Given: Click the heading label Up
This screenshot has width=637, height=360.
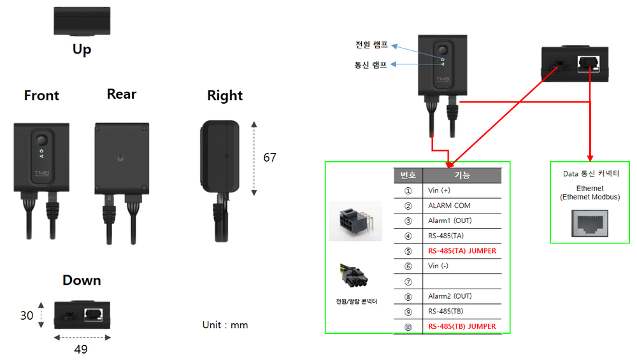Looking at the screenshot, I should [x=82, y=49].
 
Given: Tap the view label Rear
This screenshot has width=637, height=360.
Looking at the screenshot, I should [x=122, y=94].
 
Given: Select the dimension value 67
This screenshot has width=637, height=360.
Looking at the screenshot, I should [x=270, y=157].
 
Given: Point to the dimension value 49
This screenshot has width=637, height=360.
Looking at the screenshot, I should [x=81, y=349].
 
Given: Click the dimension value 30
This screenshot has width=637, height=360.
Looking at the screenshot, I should [x=26, y=315].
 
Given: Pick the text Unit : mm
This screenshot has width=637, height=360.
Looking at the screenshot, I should [x=225, y=325].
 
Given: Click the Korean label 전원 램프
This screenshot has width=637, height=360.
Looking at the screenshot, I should [x=371, y=45].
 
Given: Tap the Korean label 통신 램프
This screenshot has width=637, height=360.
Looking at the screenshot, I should [x=371, y=64].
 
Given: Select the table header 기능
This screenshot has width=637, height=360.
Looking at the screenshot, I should [x=462, y=175].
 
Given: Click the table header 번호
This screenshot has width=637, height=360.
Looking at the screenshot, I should [x=408, y=175].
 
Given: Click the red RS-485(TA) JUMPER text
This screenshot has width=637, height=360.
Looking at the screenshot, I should [x=462, y=251].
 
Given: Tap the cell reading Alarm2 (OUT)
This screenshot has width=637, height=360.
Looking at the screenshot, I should [x=450, y=296].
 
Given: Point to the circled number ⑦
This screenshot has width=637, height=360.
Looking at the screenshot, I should [x=408, y=281].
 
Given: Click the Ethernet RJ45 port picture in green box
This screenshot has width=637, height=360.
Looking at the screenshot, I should [x=589, y=224].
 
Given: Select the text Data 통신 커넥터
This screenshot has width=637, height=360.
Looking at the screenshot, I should [x=589, y=173].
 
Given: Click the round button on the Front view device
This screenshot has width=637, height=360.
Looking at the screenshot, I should [x=42, y=140].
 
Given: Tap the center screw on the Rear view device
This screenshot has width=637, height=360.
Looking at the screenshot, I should [x=121, y=156].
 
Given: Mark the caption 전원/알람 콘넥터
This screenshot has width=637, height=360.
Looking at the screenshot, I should [x=356, y=301].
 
